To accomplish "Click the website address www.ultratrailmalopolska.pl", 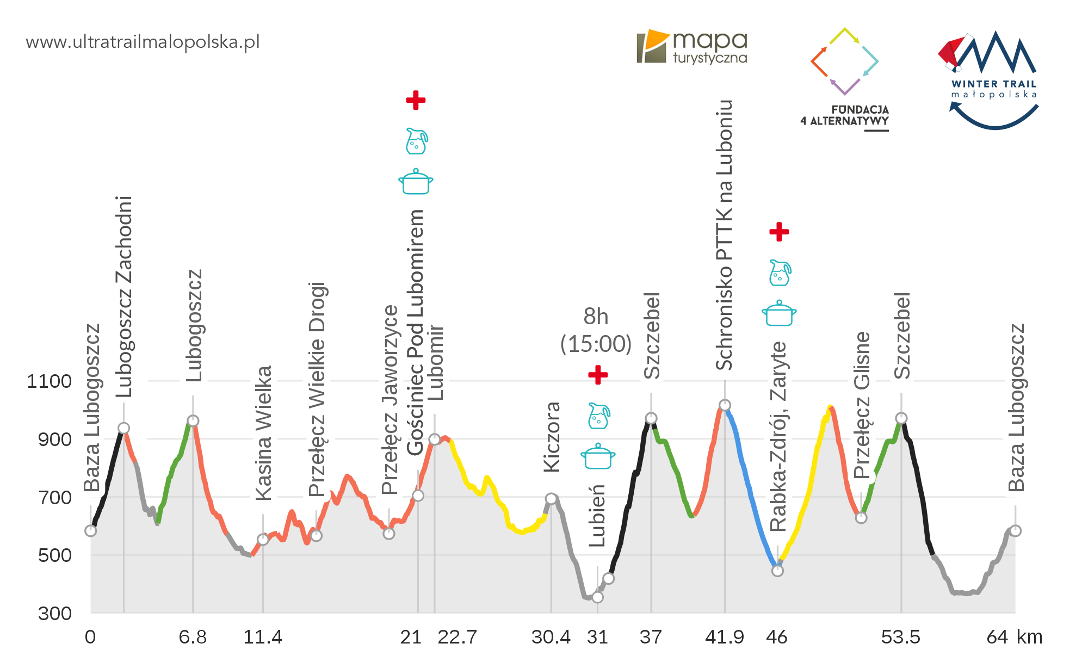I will pyautogui.click(x=143, y=42).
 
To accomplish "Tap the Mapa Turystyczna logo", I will pyautogui.click(x=692, y=47).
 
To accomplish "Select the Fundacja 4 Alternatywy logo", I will pyautogui.click(x=845, y=79).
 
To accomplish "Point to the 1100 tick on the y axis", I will pyautogui.click(x=50, y=381).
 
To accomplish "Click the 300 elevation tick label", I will pyautogui.click(x=55, y=614).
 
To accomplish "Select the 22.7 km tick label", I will pyautogui.click(x=457, y=637).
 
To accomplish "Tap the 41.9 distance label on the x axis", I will pyautogui.click(x=724, y=637).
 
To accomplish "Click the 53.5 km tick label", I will pyautogui.click(x=900, y=637).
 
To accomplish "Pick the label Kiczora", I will pyautogui.click(x=552, y=437).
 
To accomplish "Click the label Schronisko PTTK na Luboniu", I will pyautogui.click(x=724, y=235).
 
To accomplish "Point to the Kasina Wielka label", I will pyautogui.click(x=263, y=433).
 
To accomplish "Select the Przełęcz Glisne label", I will pyautogui.click(x=862, y=405).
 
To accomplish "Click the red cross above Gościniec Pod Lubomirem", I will pyautogui.click(x=416, y=100).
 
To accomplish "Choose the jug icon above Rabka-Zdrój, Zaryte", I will pyautogui.click(x=780, y=273).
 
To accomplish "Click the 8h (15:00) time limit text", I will pyautogui.click(x=596, y=330).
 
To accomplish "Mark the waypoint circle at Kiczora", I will pyautogui.click(x=551, y=499).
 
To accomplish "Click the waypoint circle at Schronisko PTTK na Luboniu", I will pyautogui.click(x=725, y=405).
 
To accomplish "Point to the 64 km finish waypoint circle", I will pyautogui.click(x=1015, y=531).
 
